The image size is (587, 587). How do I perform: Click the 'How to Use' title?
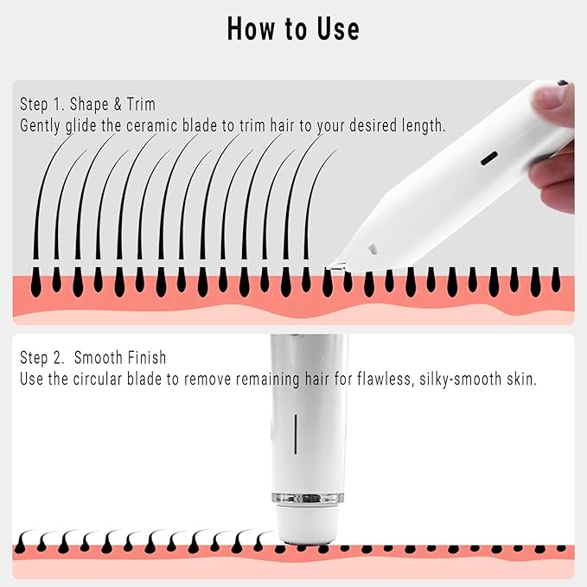point(293,29)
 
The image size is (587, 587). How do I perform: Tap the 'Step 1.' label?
point(43,105)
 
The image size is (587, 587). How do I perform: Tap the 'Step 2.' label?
point(43,358)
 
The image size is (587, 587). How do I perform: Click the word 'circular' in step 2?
point(110,379)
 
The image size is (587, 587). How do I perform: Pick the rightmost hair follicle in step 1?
point(556,281)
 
